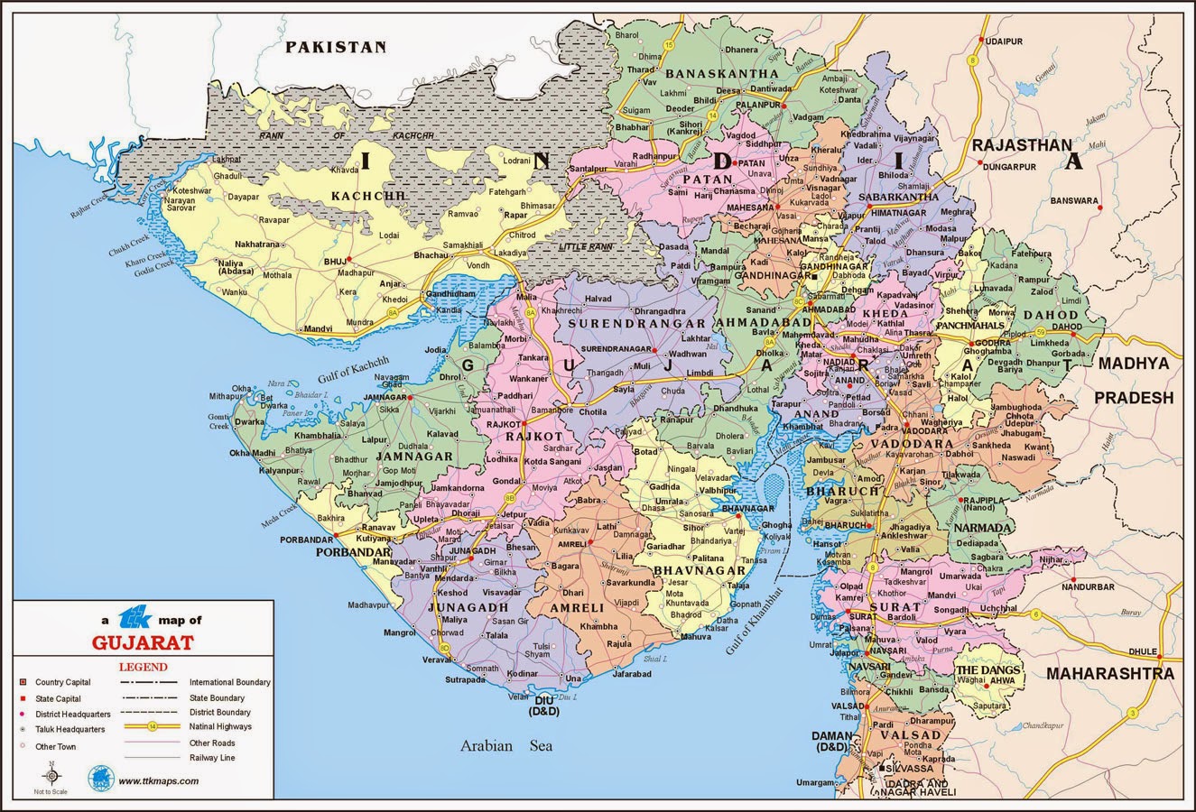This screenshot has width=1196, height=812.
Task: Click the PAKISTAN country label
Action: pos(336,47)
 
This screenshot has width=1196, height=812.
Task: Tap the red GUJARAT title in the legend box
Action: pos(143,643)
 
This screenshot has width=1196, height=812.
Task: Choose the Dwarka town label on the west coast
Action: pos(250,421)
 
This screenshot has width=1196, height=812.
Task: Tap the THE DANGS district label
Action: pos(988,670)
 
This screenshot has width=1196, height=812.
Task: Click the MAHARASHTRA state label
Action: pos(1109,674)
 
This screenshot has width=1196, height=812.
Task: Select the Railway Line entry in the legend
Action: pos(212,758)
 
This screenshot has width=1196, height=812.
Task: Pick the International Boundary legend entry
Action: pos(229,682)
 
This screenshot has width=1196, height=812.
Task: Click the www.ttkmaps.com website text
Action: pos(158,781)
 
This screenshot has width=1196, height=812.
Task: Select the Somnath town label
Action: pos(483,669)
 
